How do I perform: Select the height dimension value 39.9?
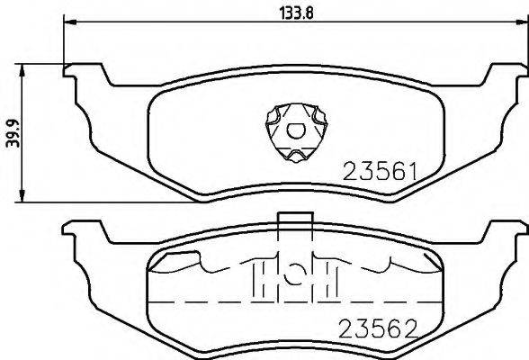pos(9,131)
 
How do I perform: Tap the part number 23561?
pos(377,170)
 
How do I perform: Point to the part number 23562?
pos(379,330)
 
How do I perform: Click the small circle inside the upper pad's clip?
pos(292,131)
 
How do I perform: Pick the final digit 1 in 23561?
pos(411,170)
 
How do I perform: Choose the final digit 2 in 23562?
pos(413,330)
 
